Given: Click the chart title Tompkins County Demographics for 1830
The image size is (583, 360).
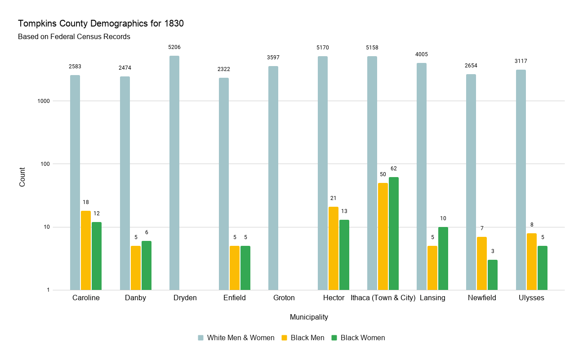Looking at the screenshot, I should (101, 24).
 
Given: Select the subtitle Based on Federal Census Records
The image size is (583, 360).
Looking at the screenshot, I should (74, 37).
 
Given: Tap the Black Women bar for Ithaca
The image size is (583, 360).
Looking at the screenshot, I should (393, 233).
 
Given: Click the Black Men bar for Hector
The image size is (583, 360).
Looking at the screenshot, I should (333, 248).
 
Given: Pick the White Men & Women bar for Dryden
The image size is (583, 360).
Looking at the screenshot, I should (174, 173).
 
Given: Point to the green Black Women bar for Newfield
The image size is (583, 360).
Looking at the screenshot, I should (492, 275).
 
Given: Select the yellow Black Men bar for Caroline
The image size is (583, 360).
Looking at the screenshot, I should (86, 250).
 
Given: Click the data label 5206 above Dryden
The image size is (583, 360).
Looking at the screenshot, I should (174, 47).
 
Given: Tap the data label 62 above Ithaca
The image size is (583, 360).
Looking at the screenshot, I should (393, 169).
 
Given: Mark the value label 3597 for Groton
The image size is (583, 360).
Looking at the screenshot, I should (273, 58).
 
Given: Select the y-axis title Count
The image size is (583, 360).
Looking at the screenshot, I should (22, 177).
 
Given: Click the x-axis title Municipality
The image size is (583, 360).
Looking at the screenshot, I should (309, 317).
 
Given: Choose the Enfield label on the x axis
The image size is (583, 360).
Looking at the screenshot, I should (234, 298).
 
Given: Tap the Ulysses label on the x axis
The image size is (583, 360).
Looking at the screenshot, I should (531, 298).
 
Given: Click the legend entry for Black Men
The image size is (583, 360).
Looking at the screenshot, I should (307, 338).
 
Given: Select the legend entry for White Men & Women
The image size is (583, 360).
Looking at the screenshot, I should (240, 338).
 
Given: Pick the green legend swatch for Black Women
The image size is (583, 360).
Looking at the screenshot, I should (334, 338).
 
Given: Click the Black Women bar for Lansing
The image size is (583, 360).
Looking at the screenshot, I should (443, 258).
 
